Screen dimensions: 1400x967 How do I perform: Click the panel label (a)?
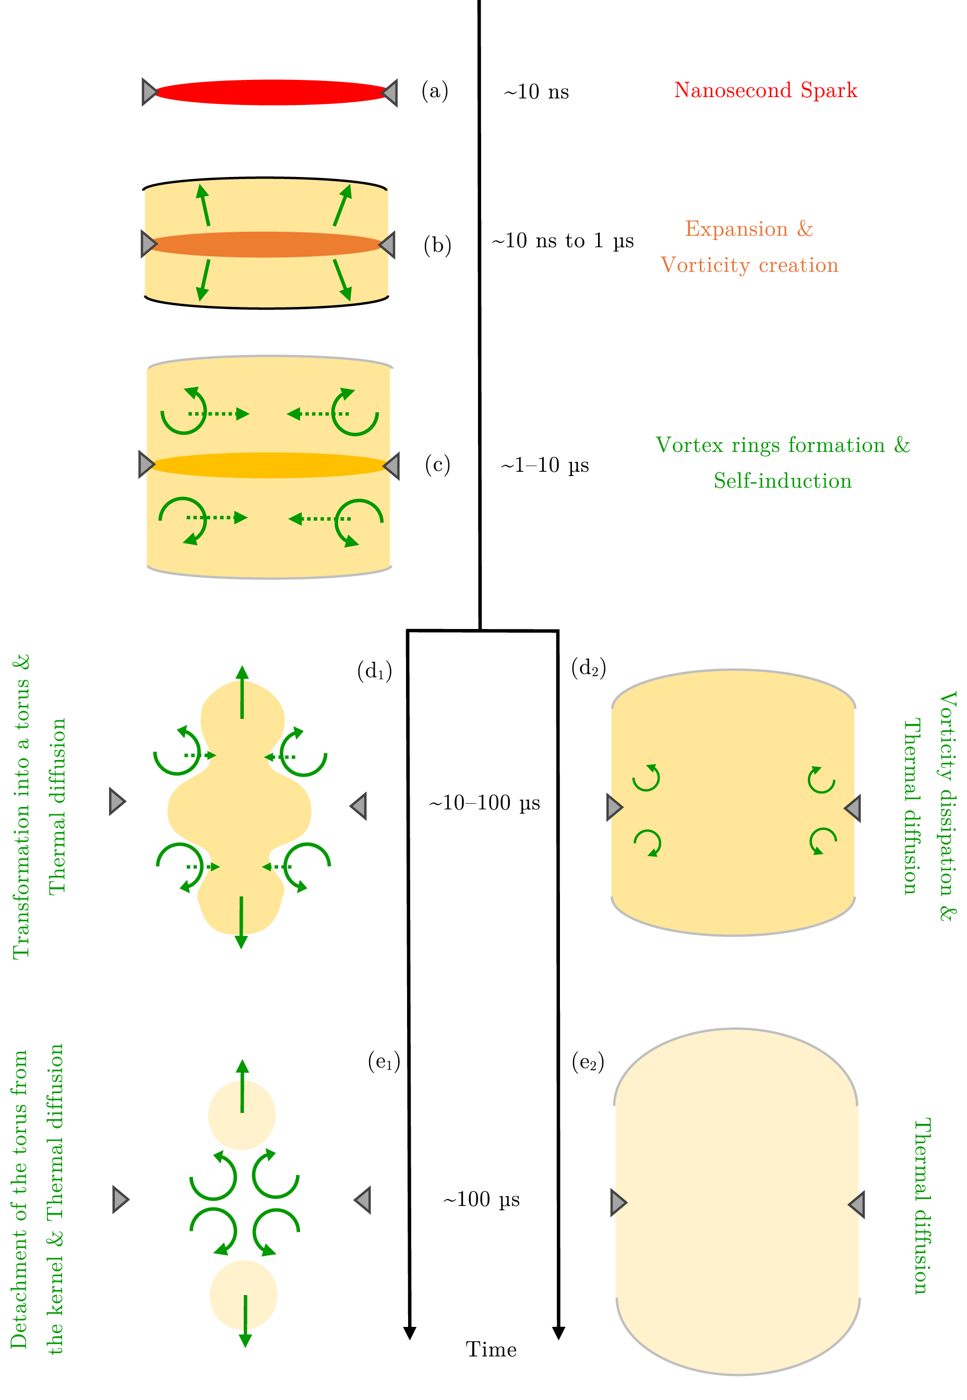(435, 91)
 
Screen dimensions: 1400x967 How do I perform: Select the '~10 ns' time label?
(536, 92)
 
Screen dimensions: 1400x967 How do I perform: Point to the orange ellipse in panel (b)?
(267, 244)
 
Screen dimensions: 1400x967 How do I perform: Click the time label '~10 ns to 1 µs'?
(562, 241)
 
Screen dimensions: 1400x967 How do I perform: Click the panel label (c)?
(437, 465)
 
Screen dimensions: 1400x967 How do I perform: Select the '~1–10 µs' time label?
(545, 466)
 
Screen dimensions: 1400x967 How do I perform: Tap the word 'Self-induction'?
(782, 481)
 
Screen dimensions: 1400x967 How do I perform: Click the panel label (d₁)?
(375, 671)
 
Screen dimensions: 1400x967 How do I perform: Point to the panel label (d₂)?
(588, 668)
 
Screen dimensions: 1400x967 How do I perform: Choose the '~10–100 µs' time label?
(484, 803)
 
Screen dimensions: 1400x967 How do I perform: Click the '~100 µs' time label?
(481, 1200)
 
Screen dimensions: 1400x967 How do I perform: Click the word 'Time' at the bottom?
(491, 1350)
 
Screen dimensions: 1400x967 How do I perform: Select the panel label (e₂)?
(588, 1062)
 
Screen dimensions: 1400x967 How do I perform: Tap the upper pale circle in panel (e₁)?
(242, 1116)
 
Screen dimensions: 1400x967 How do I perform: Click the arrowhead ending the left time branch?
(410, 1333)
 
